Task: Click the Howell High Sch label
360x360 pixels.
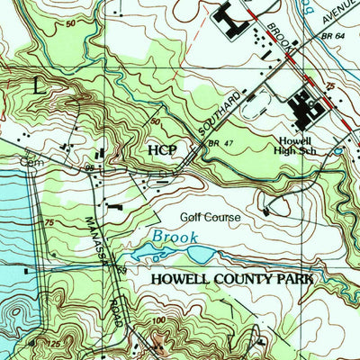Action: (x=294, y=147)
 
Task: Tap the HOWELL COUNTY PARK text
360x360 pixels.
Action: (x=232, y=280)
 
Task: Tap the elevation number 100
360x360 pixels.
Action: (x=160, y=319)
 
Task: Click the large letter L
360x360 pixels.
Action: (x=37, y=86)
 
